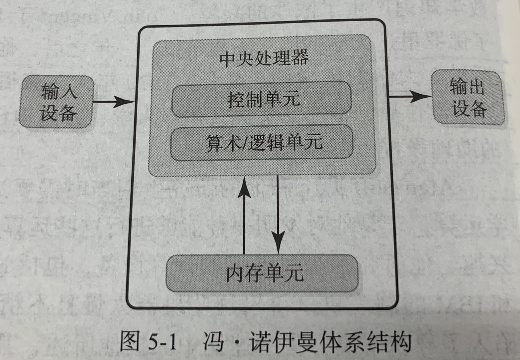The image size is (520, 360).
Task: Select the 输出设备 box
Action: pos(467,97)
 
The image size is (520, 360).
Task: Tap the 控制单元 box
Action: pos(262,99)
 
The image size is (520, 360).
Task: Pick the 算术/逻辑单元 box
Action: pos(262,142)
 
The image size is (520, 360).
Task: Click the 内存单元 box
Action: pos(262,273)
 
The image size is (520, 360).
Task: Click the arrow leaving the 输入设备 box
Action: pos(113,101)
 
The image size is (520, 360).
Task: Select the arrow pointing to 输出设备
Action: pos(410,97)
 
